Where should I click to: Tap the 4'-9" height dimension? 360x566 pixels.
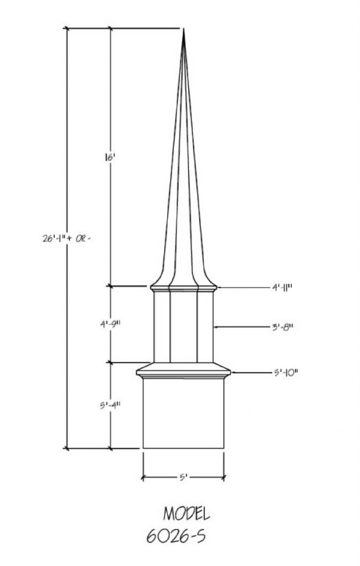(x=110, y=324)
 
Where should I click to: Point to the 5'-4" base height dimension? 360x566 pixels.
(x=110, y=405)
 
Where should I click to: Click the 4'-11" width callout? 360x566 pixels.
(x=281, y=287)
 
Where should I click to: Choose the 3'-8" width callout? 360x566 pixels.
(x=282, y=327)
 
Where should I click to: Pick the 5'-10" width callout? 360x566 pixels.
(x=285, y=372)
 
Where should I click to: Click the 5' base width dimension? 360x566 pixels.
(x=183, y=478)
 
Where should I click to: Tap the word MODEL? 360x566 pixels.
(x=186, y=513)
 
